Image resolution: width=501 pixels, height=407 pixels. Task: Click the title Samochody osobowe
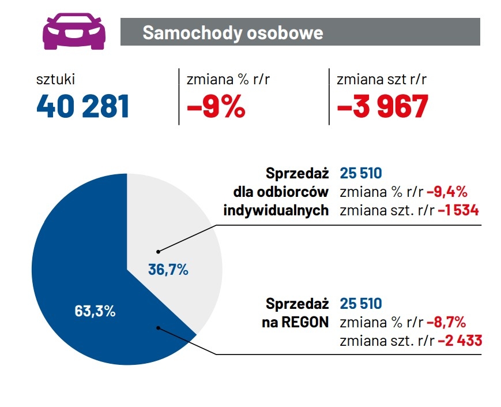pyautogui.click(x=232, y=32)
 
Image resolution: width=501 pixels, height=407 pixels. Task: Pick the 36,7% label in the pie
pyautogui.click(x=168, y=269)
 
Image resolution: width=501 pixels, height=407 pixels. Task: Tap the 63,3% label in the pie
pyautogui.click(x=95, y=311)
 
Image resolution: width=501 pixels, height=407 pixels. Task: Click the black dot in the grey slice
pyautogui.click(x=158, y=252)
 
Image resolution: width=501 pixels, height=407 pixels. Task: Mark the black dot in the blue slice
pyautogui.click(x=158, y=327)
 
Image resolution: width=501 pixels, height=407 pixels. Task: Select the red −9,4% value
pyautogui.click(x=447, y=192)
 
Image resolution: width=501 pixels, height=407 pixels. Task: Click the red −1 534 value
pyautogui.click(x=458, y=210)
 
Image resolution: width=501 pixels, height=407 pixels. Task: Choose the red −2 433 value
pyautogui.click(x=459, y=341)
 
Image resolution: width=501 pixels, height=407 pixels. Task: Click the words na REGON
pyautogui.click(x=295, y=322)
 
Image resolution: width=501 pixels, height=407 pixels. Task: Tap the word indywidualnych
pyautogui.click(x=276, y=210)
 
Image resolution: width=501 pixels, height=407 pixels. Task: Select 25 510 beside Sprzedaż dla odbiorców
pyautogui.click(x=361, y=173)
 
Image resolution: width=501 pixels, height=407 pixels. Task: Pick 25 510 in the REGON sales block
pyautogui.click(x=361, y=304)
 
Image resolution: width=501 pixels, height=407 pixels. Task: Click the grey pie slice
pyautogui.click(x=190, y=231)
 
